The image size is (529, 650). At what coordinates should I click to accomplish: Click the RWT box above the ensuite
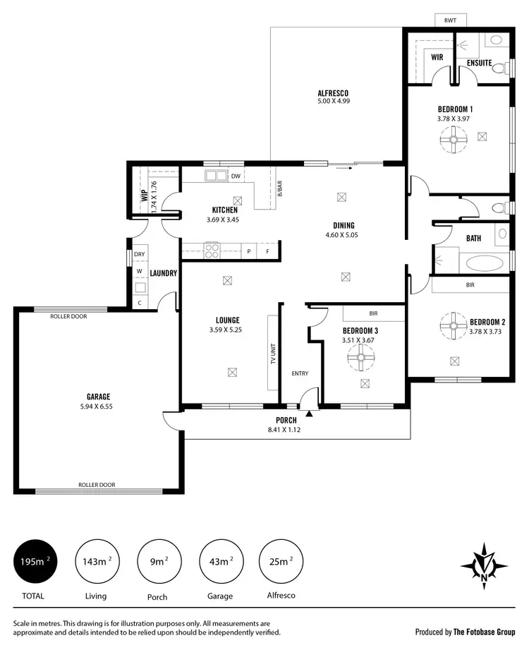click(450, 21)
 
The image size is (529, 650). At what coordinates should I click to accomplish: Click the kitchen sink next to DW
click(214, 176)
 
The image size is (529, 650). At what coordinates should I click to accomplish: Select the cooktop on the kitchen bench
click(211, 249)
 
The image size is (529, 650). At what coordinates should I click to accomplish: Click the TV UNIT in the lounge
click(272, 351)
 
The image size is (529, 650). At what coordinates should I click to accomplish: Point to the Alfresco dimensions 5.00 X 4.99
click(333, 102)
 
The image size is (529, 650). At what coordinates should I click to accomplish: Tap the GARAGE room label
click(99, 397)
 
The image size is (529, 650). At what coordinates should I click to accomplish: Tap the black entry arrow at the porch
click(309, 412)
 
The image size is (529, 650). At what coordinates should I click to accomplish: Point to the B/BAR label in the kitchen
click(279, 189)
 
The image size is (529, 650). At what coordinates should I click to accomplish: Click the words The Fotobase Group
click(486, 632)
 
